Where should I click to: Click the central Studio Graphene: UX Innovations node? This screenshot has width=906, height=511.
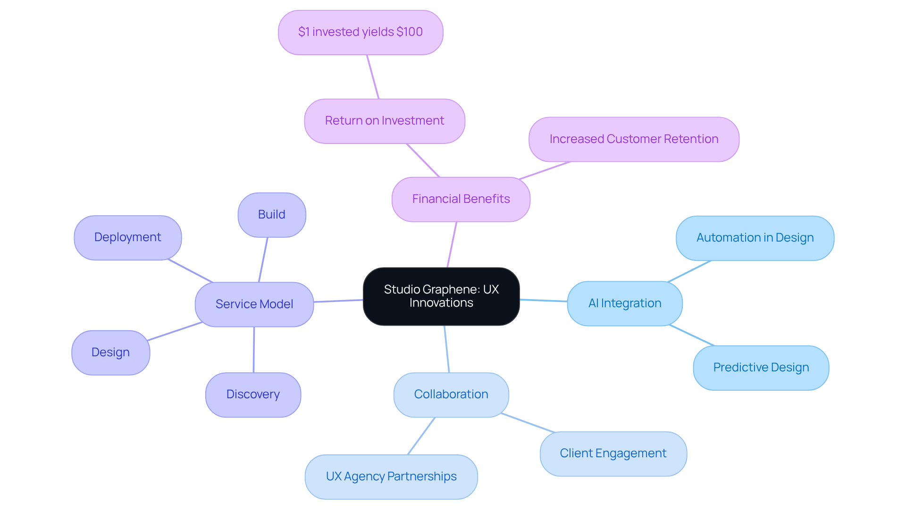[x=441, y=296]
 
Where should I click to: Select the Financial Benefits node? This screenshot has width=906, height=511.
[x=461, y=199]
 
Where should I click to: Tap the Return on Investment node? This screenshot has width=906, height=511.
[x=385, y=121]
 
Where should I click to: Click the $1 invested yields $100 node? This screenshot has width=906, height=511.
[x=361, y=32]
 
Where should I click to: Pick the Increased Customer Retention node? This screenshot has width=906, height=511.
[x=634, y=139]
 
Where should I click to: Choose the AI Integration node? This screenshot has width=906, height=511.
[x=625, y=303]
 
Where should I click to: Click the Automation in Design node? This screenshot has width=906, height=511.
[x=755, y=238]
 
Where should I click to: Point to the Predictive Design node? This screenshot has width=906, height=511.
[x=761, y=368]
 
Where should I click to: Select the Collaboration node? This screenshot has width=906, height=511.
[x=451, y=394]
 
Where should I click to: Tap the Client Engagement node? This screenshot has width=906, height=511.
[x=613, y=453]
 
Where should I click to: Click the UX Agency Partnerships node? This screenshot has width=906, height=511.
[x=391, y=477]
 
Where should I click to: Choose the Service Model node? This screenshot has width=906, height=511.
[x=254, y=304]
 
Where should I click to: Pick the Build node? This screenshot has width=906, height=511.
[x=272, y=215]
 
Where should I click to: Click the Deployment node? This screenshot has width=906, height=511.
[x=127, y=237]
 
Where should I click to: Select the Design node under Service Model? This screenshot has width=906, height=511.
[x=110, y=352]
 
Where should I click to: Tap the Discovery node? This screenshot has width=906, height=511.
[x=253, y=394]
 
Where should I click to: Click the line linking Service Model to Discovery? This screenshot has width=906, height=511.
[x=254, y=350]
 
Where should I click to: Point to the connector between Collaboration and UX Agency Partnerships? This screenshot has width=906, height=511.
[x=421, y=436]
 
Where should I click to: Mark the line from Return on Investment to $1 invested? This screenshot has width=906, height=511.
[x=373, y=77]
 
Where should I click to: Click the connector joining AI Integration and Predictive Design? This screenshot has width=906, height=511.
[x=692, y=335]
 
